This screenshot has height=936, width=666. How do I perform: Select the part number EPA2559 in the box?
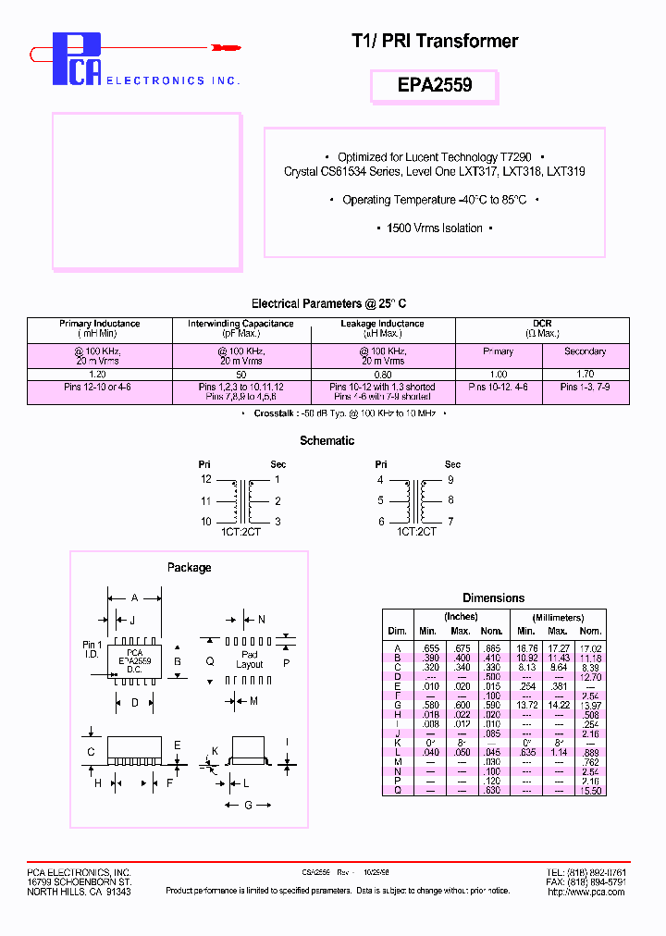pyautogui.click(x=434, y=85)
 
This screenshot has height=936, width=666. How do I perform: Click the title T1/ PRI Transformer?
pyautogui.click(x=434, y=42)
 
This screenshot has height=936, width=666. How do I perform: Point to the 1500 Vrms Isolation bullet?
pyautogui.click(x=435, y=228)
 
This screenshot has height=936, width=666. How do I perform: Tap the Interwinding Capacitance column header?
pyautogui.click(x=240, y=324)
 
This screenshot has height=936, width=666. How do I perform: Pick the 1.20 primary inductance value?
pyautogui.click(x=99, y=374)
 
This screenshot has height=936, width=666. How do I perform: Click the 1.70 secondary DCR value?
pyautogui.click(x=585, y=374)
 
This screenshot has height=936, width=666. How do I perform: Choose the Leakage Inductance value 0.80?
pyautogui.click(x=382, y=374)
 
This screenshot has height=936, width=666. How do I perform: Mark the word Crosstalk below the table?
pyautogui.click(x=275, y=413)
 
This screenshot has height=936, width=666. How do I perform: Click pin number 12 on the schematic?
pyautogui.click(x=206, y=480)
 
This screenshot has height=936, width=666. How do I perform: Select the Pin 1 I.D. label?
pyautogui.click(x=92, y=649)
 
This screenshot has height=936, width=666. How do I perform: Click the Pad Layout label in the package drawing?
pyautogui.click(x=249, y=659)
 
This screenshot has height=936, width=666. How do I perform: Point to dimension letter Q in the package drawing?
pyautogui.click(x=210, y=661)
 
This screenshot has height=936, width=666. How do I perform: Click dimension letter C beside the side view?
pyautogui.click(x=92, y=752)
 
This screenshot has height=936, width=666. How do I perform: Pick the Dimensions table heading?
pyautogui.click(x=493, y=598)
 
